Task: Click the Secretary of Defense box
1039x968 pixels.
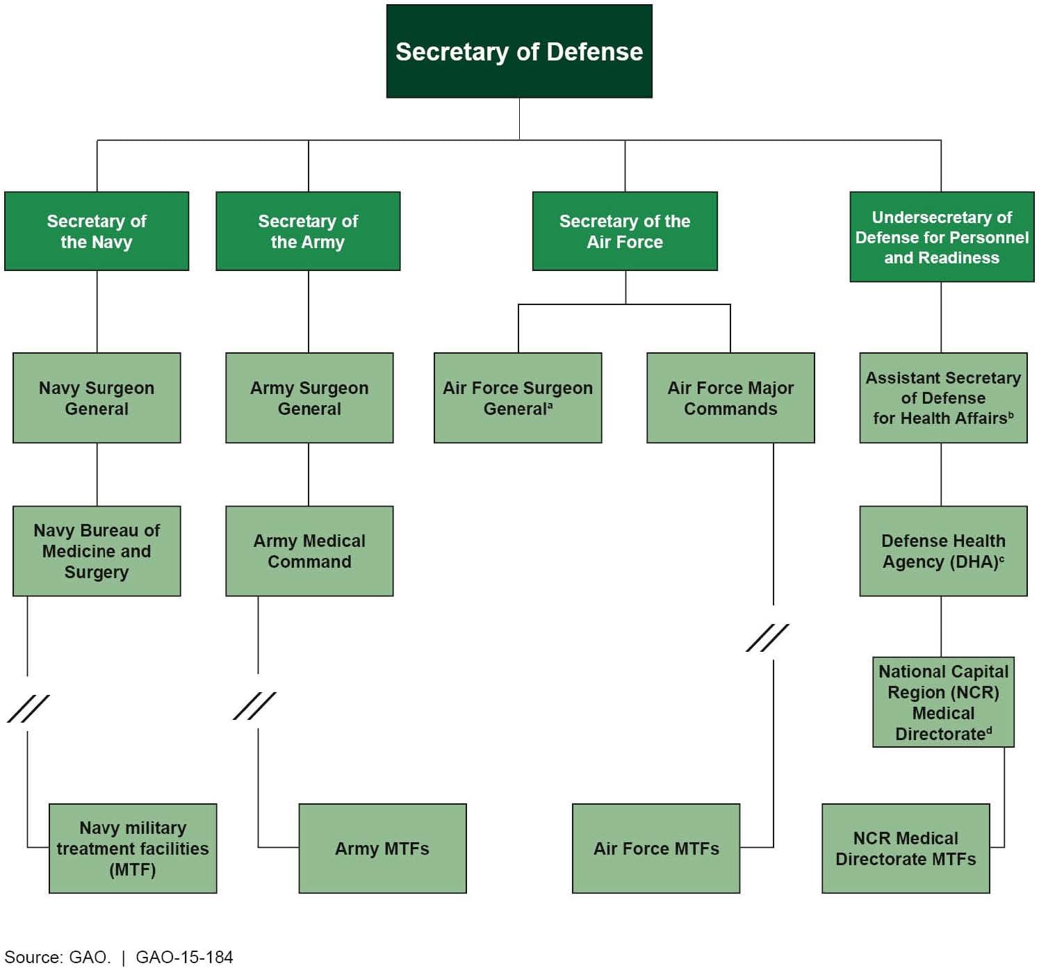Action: (519, 51)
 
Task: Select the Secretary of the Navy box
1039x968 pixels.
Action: (97, 231)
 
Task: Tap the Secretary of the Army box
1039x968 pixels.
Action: (308, 231)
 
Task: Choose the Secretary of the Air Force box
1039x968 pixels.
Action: (625, 231)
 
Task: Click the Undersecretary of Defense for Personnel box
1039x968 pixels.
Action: (942, 237)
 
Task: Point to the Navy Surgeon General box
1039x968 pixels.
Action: (97, 397)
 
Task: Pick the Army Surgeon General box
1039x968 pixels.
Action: (309, 397)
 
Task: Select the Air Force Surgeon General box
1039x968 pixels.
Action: (518, 397)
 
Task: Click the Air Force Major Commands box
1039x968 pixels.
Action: (730, 397)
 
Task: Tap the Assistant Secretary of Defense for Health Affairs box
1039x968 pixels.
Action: (943, 397)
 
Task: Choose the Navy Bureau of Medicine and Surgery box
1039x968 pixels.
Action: (97, 551)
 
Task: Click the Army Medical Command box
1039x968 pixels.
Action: (309, 551)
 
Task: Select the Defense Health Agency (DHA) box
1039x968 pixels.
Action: (943, 551)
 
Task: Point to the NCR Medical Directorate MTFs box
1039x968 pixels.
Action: (906, 848)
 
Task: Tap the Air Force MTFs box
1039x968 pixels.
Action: (656, 848)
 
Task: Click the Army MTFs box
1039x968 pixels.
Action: (382, 848)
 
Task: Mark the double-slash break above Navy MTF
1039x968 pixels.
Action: (28, 708)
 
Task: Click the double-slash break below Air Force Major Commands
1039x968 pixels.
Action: (767, 638)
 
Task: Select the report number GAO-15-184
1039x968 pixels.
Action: (184, 957)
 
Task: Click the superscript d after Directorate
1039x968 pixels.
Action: (989, 730)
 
